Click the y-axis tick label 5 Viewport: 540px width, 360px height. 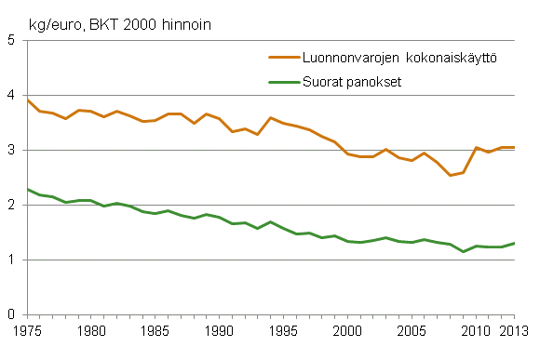coord(11,41)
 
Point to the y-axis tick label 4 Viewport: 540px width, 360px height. coord(11,96)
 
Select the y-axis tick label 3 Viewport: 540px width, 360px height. coord(11,151)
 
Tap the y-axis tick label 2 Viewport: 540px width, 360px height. coord(11,206)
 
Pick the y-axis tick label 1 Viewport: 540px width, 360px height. coord(11,260)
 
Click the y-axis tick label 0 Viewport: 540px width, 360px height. coord(11,315)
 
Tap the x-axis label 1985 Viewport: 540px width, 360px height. coord(155,331)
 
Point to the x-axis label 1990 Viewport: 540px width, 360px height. coord(218,331)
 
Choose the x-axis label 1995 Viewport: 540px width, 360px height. coord(281,331)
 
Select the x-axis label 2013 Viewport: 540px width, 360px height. coord(509,331)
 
